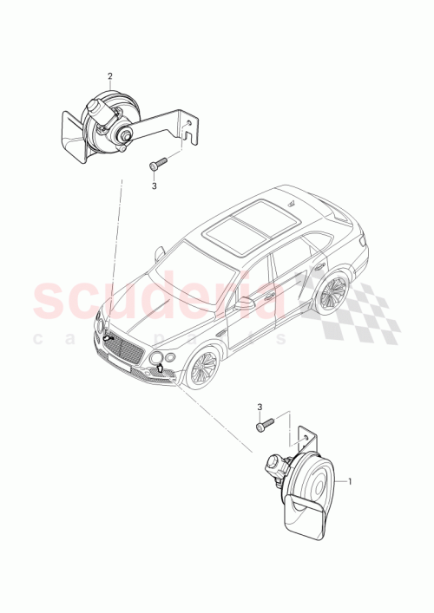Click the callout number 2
tap(109, 76)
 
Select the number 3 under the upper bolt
tap(154, 185)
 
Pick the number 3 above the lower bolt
tap(260, 406)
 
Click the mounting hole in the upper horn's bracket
tap(188, 127)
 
